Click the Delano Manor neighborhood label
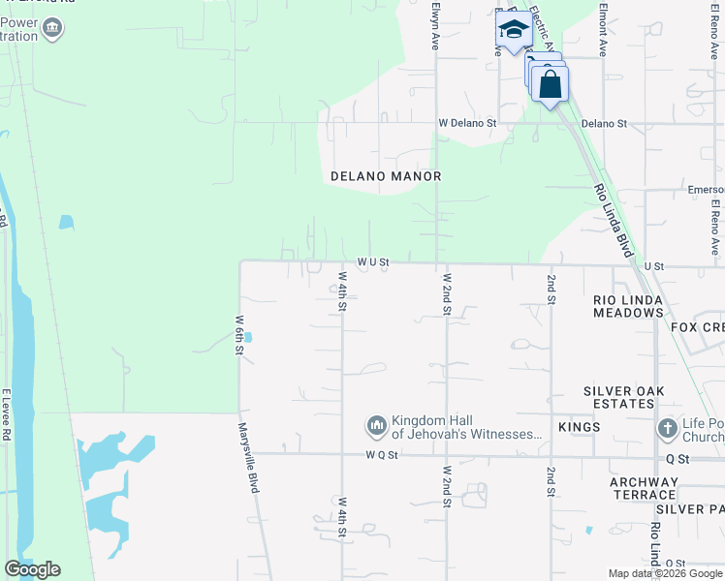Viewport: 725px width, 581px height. coord(386,176)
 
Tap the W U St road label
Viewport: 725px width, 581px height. coord(372,261)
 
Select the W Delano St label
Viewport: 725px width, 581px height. coord(466,124)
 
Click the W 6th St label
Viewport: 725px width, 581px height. coord(238,334)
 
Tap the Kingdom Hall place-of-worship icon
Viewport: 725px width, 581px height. coord(376,426)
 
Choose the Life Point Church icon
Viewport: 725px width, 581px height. coord(667,428)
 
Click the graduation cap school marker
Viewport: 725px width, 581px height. coord(513,29)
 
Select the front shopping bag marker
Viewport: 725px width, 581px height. coord(551,84)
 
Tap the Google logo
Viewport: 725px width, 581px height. coord(32,569)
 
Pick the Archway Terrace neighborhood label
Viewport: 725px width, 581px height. coord(644,488)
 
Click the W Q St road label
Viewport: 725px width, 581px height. coord(383,454)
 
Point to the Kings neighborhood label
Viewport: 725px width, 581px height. coord(580,427)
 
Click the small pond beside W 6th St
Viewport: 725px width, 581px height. coord(249,338)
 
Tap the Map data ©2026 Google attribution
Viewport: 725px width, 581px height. coord(664,573)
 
